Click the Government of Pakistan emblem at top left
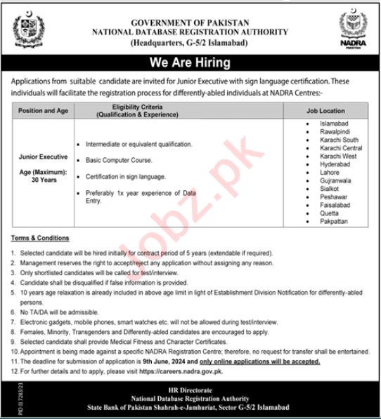27,30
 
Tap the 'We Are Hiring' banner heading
190,63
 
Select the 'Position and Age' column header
43,111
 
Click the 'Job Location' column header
325,111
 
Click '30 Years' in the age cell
43,180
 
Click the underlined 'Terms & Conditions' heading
40,239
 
